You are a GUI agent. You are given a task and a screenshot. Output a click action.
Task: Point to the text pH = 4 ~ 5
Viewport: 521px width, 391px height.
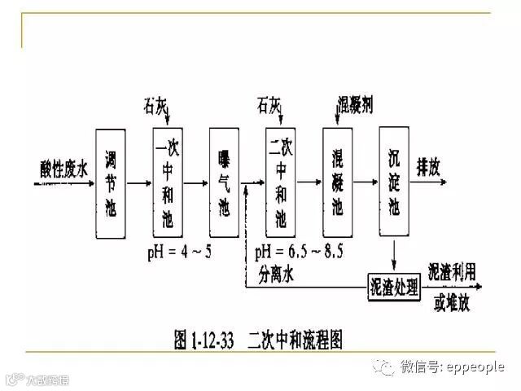click(180, 251)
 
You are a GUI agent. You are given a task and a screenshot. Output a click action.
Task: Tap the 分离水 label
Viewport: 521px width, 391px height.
click(277, 275)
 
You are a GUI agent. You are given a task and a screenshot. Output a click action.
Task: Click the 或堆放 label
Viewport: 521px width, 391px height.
click(453, 302)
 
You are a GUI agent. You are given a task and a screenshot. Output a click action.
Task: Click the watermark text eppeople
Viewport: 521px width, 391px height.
click(475, 367)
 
